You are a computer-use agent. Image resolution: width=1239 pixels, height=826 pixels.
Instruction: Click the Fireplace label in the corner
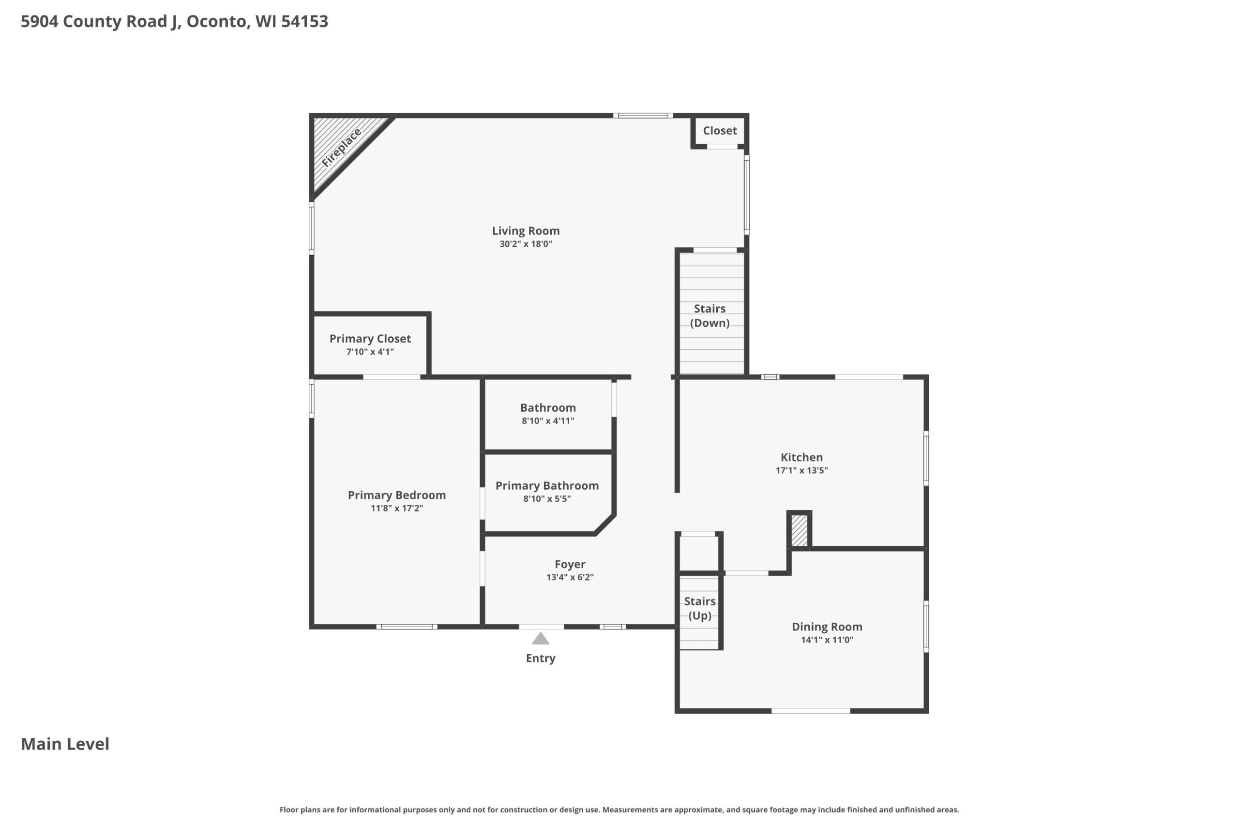click(341, 148)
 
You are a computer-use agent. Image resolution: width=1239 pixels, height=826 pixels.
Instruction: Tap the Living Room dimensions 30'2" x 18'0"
click(526, 244)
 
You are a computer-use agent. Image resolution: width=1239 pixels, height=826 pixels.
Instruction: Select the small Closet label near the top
click(720, 131)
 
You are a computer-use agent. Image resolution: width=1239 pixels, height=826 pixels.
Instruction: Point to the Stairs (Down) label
click(710, 315)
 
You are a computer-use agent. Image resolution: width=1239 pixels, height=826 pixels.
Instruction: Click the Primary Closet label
click(370, 339)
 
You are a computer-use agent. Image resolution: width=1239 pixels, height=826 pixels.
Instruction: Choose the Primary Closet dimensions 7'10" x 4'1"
click(370, 352)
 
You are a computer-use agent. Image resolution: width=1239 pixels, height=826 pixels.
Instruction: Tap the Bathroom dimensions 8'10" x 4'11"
click(548, 421)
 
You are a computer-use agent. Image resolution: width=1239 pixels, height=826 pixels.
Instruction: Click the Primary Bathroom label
click(547, 486)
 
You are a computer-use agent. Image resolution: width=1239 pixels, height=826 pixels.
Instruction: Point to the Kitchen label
click(801, 457)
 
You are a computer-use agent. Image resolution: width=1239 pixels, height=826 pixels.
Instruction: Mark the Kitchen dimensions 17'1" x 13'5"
click(801, 470)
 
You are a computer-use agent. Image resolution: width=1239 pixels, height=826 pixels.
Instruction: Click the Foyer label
click(570, 564)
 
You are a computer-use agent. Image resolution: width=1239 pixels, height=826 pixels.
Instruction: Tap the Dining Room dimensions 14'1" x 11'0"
click(827, 640)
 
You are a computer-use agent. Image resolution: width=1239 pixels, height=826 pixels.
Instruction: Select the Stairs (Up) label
click(699, 608)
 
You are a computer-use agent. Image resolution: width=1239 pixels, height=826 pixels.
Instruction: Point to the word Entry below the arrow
click(541, 658)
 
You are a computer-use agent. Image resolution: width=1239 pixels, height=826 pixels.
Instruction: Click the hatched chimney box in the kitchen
click(799, 530)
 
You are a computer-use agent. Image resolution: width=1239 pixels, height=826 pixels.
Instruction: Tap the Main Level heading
click(65, 744)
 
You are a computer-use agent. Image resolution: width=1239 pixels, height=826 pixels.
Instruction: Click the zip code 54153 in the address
click(304, 21)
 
